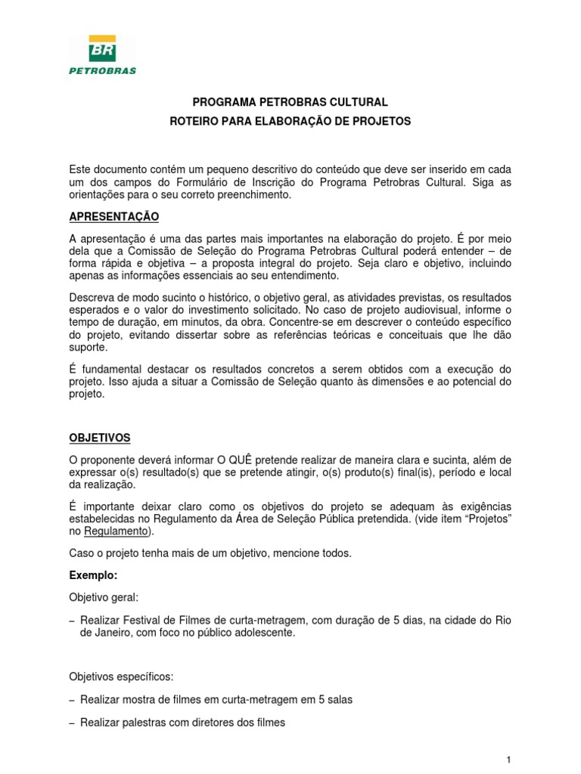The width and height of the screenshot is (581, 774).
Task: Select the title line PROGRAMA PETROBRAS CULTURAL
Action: click(290, 102)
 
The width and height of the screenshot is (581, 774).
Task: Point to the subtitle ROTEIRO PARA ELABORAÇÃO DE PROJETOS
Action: click(290, 121)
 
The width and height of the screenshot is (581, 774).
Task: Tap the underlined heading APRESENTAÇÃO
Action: click(114, 217)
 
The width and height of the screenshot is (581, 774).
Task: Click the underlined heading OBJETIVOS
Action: click(100, 438)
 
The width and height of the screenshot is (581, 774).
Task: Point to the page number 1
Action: click(509, 757)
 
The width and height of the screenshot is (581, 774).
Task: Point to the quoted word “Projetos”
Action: click(487, 519)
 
